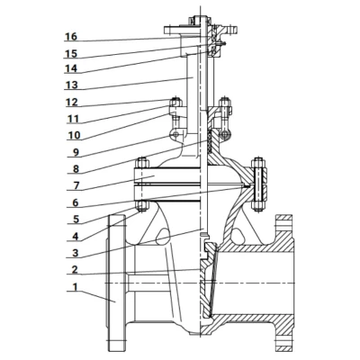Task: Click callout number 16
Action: pyautogui.click(x=71, y=37)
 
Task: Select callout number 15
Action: pyautogui.click(x=71, y=54)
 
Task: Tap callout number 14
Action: pyautogui.click(x=71, y=69)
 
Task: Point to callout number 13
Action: pyautogui.click(x=71, y=85)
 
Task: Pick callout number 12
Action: pyautogui.click(x=72, y=103)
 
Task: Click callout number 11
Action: pyautogui.click(x=72, y=119)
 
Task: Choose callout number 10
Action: pyautogui.click(x=74, y=136)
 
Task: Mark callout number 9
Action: pyautogui.click(x=76, y=153)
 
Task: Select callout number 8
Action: pyautogui.click(x=76, y=169)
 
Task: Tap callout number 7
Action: pyautogui.click(x=76, y=186)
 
